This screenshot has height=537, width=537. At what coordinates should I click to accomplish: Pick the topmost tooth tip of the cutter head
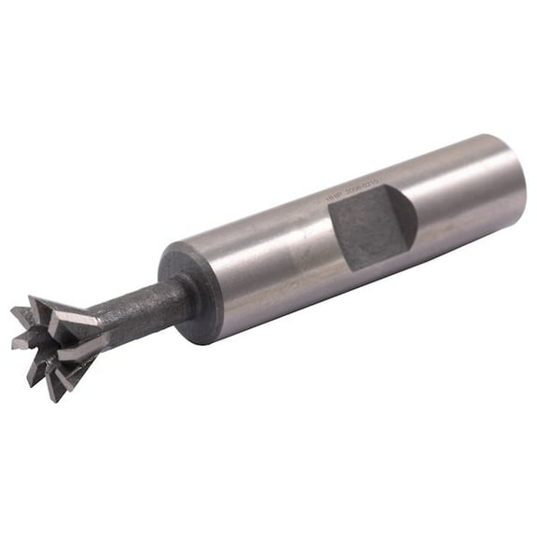coord(34,299)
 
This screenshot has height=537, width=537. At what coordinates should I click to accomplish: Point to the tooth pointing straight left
coord(15,344)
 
